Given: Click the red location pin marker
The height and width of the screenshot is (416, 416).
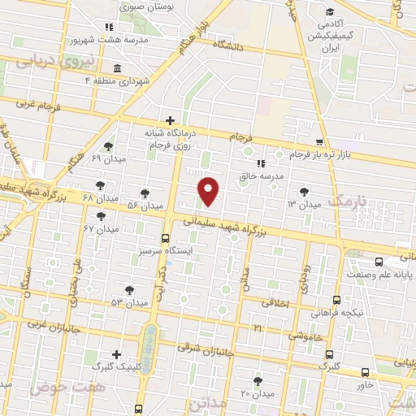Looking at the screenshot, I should pos(210,191).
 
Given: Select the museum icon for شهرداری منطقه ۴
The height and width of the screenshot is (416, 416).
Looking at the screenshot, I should pos(118,68).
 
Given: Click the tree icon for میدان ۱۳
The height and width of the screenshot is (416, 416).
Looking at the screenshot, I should pos(304,192).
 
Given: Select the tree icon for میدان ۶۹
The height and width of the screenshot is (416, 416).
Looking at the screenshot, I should pos(109,146).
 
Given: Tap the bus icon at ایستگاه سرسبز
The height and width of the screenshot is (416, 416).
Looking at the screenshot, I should pos(166,239).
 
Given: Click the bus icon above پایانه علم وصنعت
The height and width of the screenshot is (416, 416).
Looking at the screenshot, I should pos(379,262).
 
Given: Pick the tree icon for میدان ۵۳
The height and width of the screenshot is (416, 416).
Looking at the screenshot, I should pos(129,290).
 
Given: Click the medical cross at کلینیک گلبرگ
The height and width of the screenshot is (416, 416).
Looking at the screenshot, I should pos(118,354).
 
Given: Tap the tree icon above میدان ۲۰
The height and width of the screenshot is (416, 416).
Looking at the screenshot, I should pos(258,381).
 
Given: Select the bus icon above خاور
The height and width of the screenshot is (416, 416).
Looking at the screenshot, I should pos(365,373).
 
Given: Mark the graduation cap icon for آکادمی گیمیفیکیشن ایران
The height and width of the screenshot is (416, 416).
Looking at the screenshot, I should pos(329,12).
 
